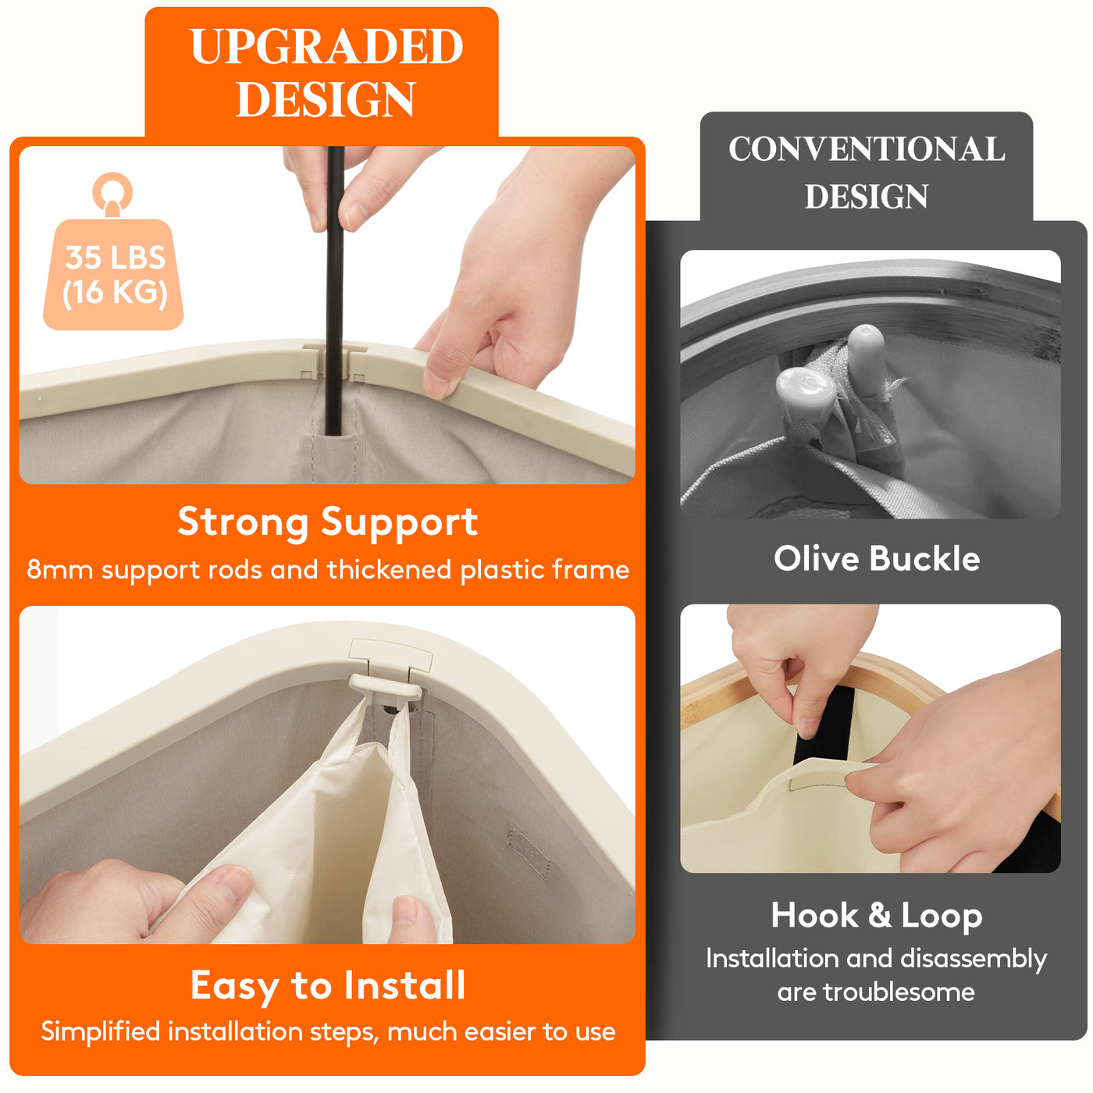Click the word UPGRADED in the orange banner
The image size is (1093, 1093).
pyautogui.click(x=326, y=46)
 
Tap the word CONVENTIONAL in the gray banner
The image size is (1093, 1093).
pyautogui.click(x=866, y=149)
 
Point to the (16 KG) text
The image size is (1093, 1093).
pyautogui.click(x=115, y=294)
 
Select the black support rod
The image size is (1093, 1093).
pyautogui.click(x=334, y=290)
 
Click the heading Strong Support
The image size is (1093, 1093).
pyautogui.click(x=328, y=522)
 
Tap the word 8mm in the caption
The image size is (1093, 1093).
pyautogui.click(x=60, y=569)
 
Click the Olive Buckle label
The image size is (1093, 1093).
pyautogui.click(x=877, y=559)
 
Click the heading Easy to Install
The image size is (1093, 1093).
pyautogui.click(x=328, y=986)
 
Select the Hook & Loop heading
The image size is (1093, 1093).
pyautogui.click(x=876, y=916)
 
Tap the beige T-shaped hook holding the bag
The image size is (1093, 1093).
pyautogui.click(x=386, y=689)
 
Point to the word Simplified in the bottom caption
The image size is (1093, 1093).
pyautogui.click(x=101, y=1031)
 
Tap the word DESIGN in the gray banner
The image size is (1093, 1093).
pyautogui.click(x=866, y=196)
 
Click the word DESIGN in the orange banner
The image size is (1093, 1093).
pyautogui.click(x=326, y=99)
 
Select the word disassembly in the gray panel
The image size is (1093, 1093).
pyautogui.click(x=974, y=959)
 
